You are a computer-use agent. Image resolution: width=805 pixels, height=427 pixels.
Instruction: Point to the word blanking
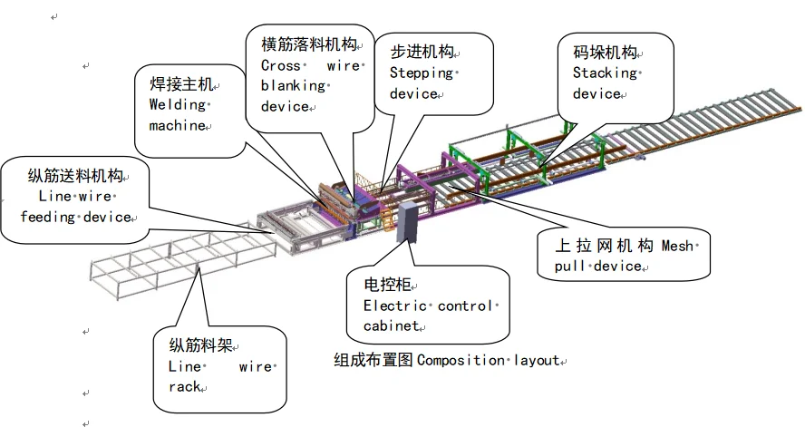click(292, 86)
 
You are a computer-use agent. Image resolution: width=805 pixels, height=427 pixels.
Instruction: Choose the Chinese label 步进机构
click(422, 52)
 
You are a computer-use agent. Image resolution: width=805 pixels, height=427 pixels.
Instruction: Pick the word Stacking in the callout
click(606, 73)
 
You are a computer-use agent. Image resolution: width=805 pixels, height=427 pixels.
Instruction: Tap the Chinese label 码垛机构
click(606, 52)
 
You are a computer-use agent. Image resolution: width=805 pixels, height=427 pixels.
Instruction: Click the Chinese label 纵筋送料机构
click(75, 174)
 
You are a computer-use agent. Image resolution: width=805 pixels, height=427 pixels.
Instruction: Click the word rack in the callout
click(184, 387)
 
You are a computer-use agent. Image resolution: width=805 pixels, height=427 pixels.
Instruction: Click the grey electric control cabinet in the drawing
click(406, 223)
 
